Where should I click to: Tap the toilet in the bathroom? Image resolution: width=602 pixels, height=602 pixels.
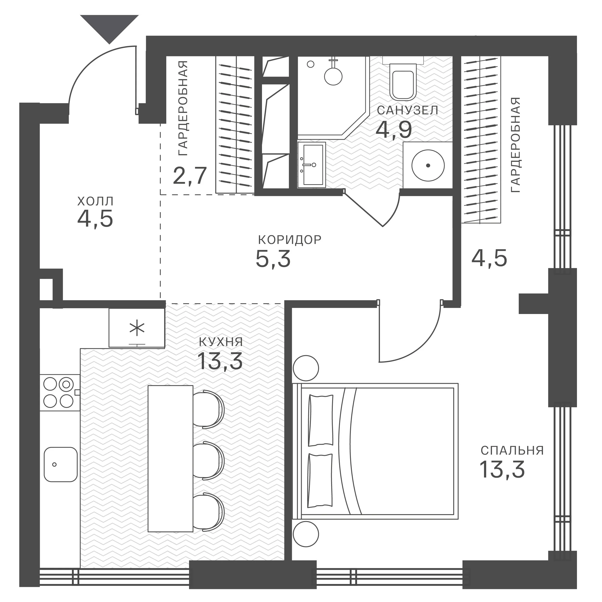403,79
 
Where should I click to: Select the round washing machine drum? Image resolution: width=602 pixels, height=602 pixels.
428,165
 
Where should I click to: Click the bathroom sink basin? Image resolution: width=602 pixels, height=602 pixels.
312,165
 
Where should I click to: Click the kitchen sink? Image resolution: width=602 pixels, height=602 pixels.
60,465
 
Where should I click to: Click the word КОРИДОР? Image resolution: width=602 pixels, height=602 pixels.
290,240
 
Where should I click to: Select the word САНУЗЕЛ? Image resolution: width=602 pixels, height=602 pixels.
408,110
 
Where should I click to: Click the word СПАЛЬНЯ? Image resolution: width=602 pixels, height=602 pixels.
512,451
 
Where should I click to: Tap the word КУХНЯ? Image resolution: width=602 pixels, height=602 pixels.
221,342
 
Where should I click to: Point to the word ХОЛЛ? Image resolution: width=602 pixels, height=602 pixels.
95,201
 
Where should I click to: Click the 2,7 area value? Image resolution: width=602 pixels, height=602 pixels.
190,176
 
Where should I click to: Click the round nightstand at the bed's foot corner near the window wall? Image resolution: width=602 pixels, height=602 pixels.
306,534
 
